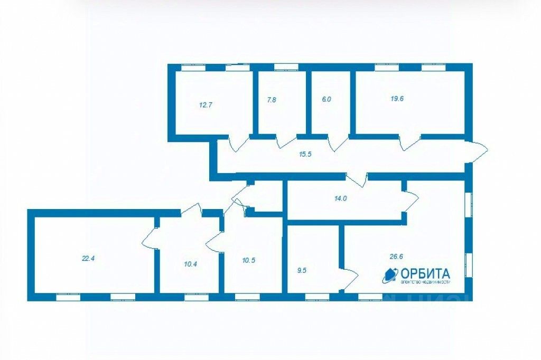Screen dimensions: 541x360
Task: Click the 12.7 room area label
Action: pos(206,105)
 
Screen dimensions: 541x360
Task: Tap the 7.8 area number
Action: pos(272,99)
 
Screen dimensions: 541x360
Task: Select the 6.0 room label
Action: pos(327,99)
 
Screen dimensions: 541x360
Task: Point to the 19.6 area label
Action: pos(397,98)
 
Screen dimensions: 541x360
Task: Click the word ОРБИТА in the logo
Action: pos(425,273)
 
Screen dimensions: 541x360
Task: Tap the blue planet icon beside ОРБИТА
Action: pos(390,274)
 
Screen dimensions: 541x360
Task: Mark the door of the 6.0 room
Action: pos(338,143)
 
